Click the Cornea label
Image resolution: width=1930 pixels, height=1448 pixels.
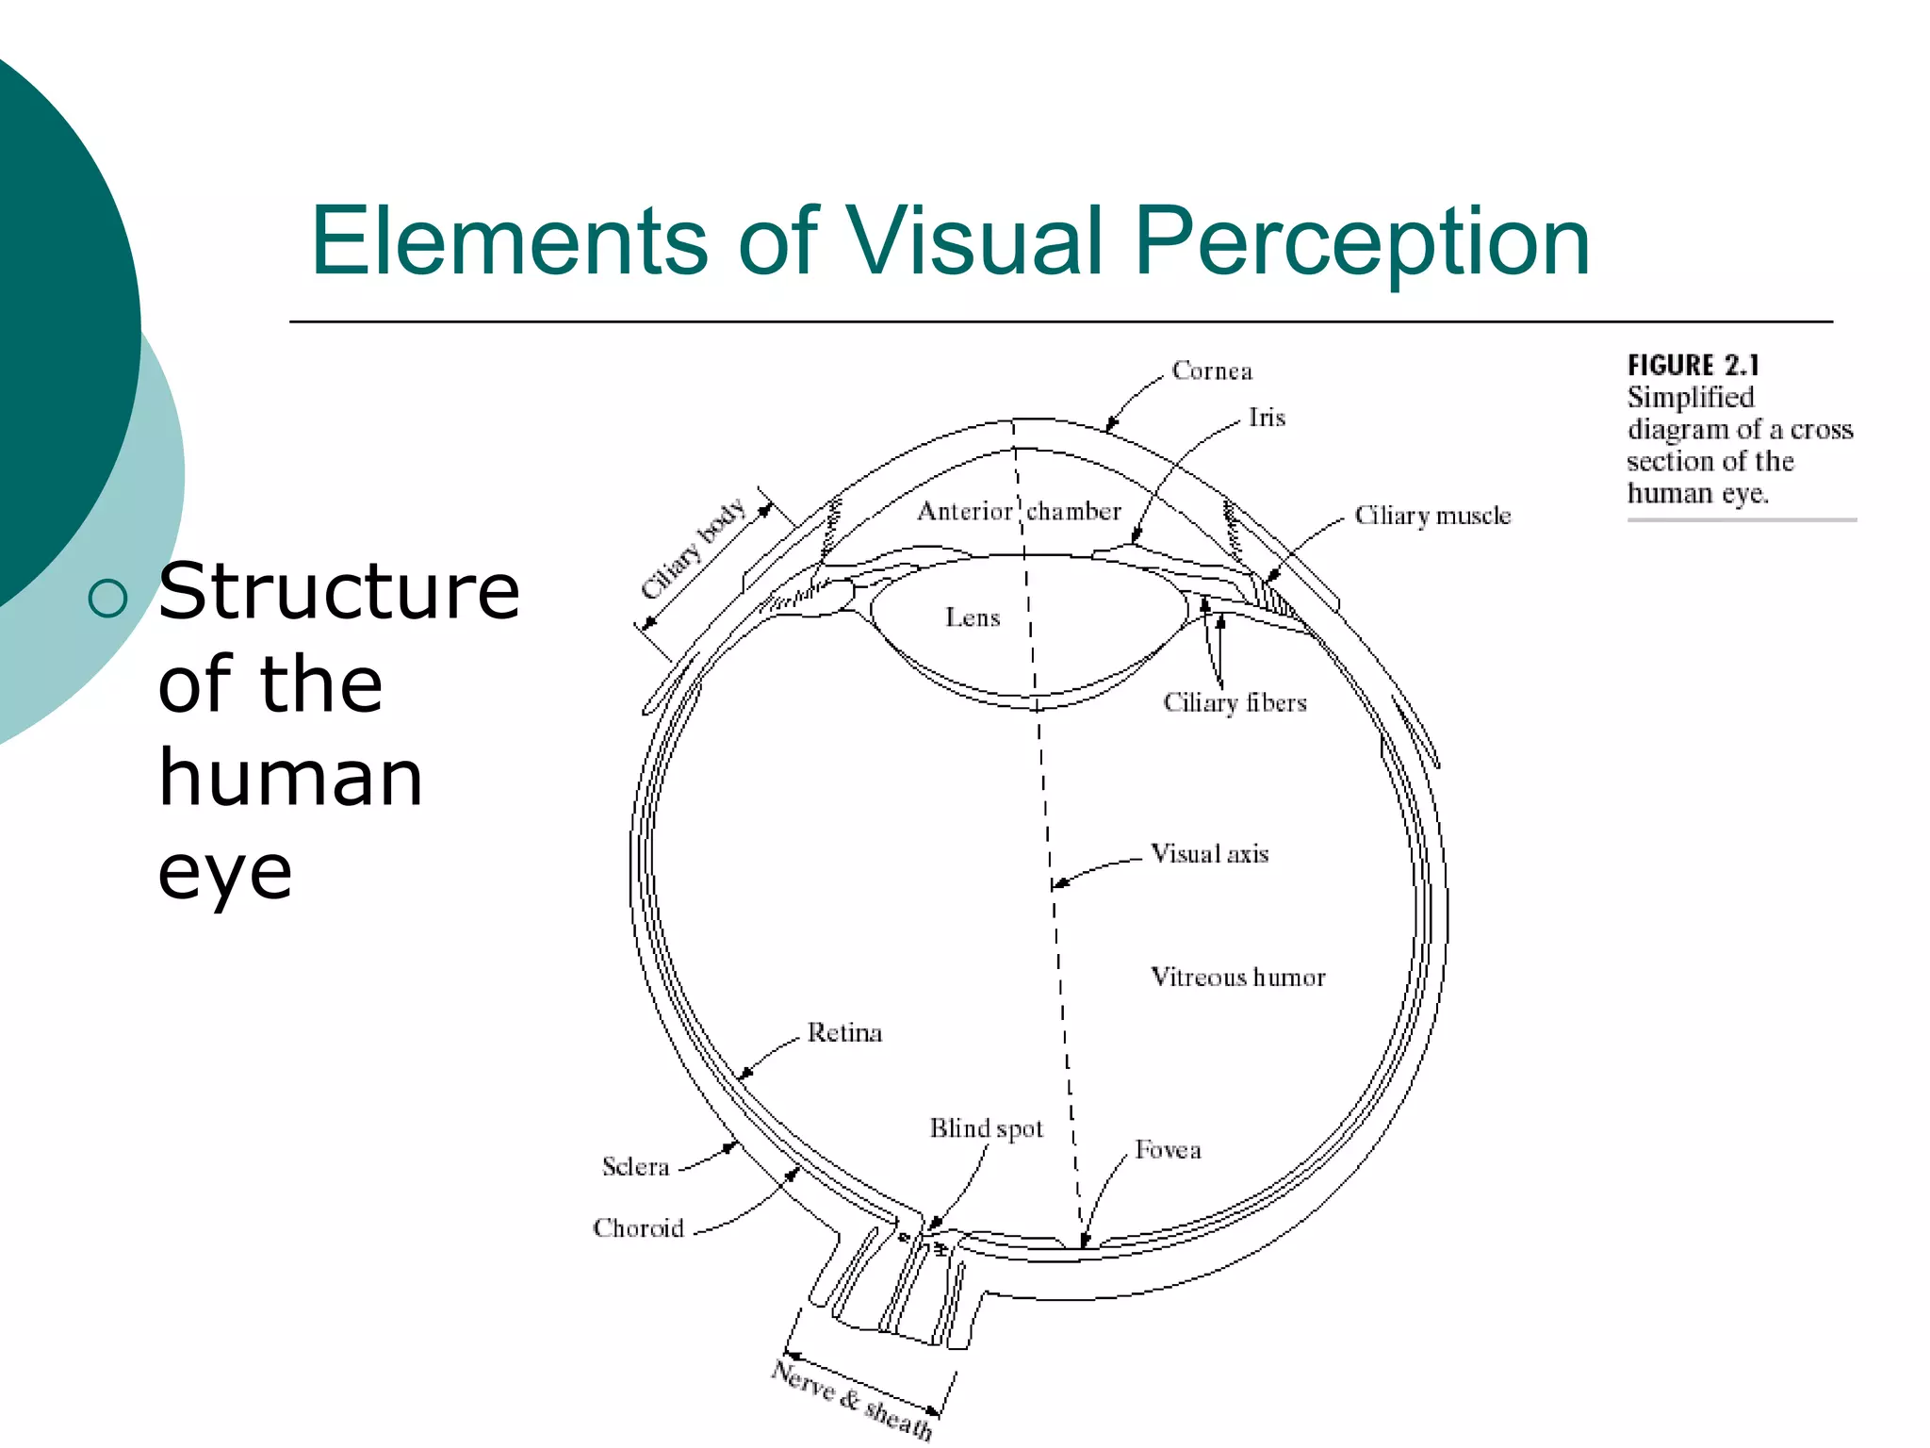point(1212,371)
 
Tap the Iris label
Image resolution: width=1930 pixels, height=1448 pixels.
point(1267,418)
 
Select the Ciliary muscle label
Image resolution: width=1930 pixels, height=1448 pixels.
point(1432,516)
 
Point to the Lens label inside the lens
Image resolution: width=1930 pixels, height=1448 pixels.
point(973,618)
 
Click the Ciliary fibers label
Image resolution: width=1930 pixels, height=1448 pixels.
point(1235,703)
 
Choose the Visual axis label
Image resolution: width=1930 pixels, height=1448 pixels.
point(1210,854)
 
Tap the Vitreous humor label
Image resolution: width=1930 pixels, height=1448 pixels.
point(1237,978)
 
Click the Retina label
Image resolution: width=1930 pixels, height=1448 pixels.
point(844,1033)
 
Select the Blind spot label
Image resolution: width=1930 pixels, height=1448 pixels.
point(986,1129)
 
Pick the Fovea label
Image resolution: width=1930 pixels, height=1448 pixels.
point(1168,1150)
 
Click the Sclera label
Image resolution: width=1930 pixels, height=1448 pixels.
point(635,1167)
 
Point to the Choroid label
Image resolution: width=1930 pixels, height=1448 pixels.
point(638,1228)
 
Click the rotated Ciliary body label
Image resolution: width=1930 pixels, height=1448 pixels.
point(694,549)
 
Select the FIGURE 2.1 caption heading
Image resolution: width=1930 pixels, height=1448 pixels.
point(1693,366)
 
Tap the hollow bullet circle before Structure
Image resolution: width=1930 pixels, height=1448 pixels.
point(108,598)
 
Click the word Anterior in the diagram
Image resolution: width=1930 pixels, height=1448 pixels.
point(964,512)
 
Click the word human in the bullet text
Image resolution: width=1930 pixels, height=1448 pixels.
point(290,779)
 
